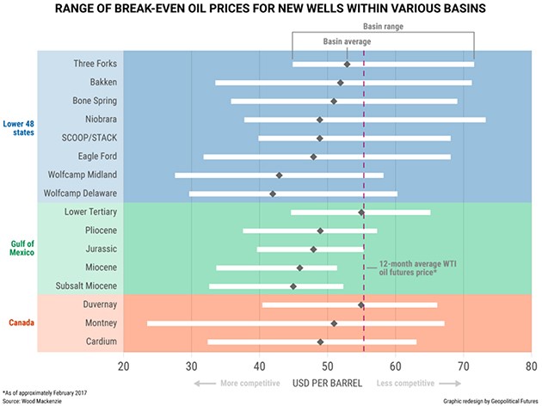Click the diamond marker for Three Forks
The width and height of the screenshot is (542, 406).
347,65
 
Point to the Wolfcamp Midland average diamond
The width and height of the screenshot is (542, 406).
279,175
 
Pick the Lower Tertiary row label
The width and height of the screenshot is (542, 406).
91,212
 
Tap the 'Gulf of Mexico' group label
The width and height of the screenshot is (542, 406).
17,248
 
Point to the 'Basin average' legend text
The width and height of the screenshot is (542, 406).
348,41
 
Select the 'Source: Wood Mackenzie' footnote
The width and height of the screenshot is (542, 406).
34,400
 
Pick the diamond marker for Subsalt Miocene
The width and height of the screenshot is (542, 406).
293,286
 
